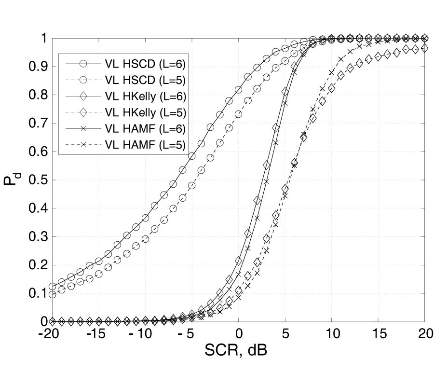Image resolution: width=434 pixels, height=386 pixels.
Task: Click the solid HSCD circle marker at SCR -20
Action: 53,286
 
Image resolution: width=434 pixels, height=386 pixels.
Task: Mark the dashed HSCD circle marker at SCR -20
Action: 53,294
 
